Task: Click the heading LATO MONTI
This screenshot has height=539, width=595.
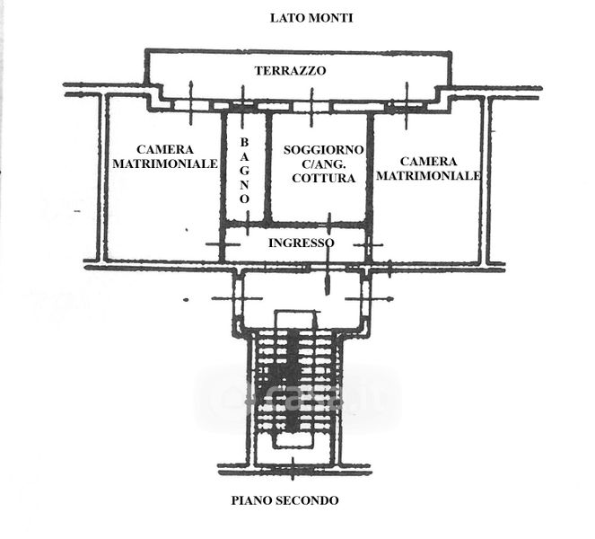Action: [x=311, y=18]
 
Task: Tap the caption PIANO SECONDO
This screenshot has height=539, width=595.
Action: [x=284, y=500]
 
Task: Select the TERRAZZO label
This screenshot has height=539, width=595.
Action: [x=290, y=70]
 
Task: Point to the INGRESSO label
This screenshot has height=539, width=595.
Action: [x=302, y=243]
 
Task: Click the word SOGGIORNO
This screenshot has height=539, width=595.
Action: [x=323, y=148]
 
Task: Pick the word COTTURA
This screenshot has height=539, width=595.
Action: [x=324, y=178]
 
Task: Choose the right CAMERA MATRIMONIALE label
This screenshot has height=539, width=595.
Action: [x=428, y=168]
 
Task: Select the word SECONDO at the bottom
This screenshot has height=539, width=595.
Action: [x=308, y=500]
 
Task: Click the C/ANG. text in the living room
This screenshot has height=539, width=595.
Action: [x=324, y=163]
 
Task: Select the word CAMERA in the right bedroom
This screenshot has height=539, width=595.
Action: [x=428, y=160]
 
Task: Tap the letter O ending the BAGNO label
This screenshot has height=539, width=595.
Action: [x=244, y=197]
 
